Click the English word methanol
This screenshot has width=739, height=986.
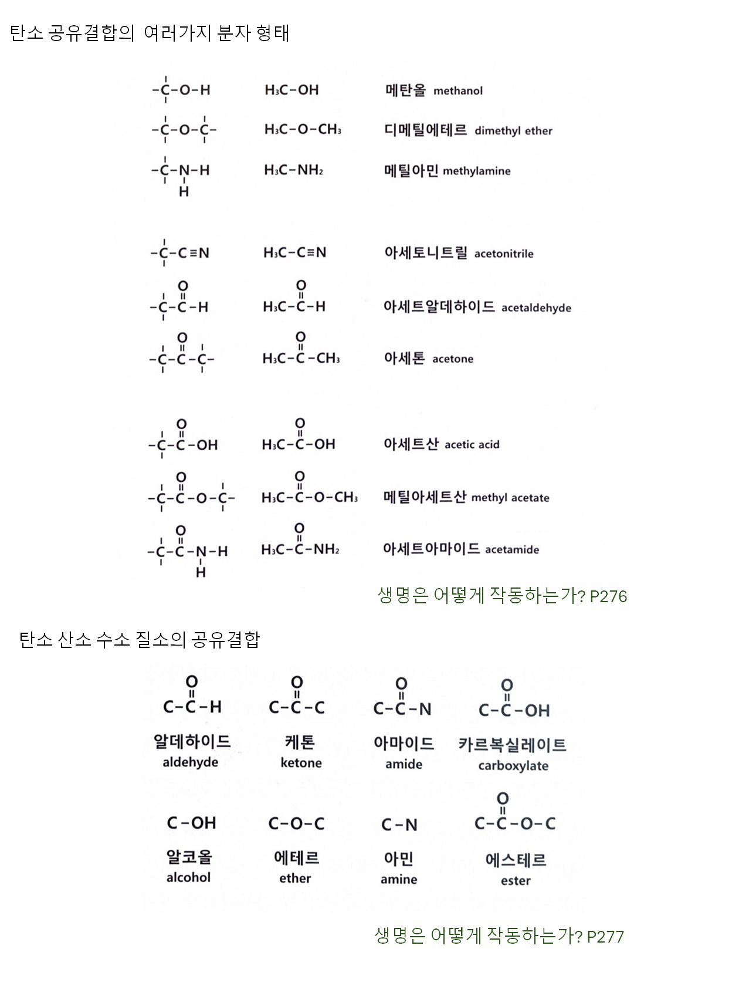coord(458,91)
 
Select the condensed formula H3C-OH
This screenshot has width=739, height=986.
coord(291,90)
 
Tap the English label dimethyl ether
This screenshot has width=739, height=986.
coord(513,131)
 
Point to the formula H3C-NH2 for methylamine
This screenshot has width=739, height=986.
coord(293,171)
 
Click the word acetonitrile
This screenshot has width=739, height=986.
coord(504,254)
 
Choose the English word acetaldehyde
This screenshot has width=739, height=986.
coord(536,308)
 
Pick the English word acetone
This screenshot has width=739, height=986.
coord(453,359)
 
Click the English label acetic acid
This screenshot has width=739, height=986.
coord(472,445)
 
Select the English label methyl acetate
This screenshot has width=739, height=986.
coord(510,498)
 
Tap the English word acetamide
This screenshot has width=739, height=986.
coord(512,550)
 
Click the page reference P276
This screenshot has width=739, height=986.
coord(608,597)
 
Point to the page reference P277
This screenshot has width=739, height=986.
coord(605,937)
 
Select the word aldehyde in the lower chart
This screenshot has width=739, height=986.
coord(191,762)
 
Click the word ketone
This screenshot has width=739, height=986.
coord(301,763)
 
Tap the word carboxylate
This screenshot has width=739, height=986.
coord(513,766)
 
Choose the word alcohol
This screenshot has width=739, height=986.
coord(188,877)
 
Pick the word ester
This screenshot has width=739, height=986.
coord(516,881)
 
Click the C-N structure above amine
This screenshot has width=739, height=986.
coord(399,825)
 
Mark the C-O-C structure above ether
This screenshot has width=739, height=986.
coord(296,824)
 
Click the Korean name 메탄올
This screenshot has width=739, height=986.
coord(405,90)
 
